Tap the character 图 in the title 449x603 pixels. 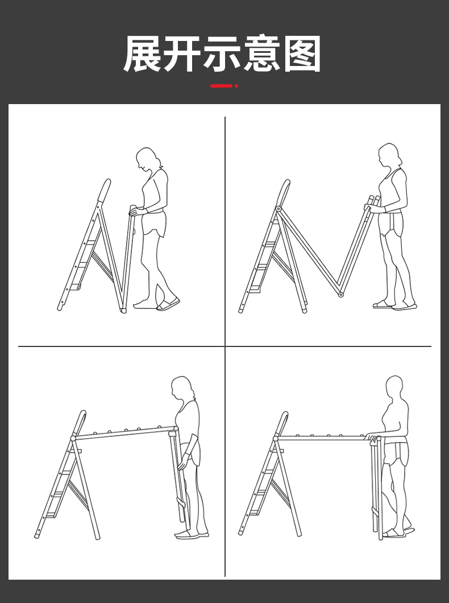[302, 53]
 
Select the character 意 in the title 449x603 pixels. [262, 53]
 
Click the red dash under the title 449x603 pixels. [221, 86]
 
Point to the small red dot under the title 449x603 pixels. [236, 86]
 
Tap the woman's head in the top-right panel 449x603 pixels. [389, 155]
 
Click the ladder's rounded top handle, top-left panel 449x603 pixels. [104, 190]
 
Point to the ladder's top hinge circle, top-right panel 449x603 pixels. [278, 209]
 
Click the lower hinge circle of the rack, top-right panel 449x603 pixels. [340, 295]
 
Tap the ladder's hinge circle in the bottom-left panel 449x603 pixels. [73, 438]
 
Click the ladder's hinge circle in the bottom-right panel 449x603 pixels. [276, 439]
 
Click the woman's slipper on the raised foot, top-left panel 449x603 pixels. [168, 304]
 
